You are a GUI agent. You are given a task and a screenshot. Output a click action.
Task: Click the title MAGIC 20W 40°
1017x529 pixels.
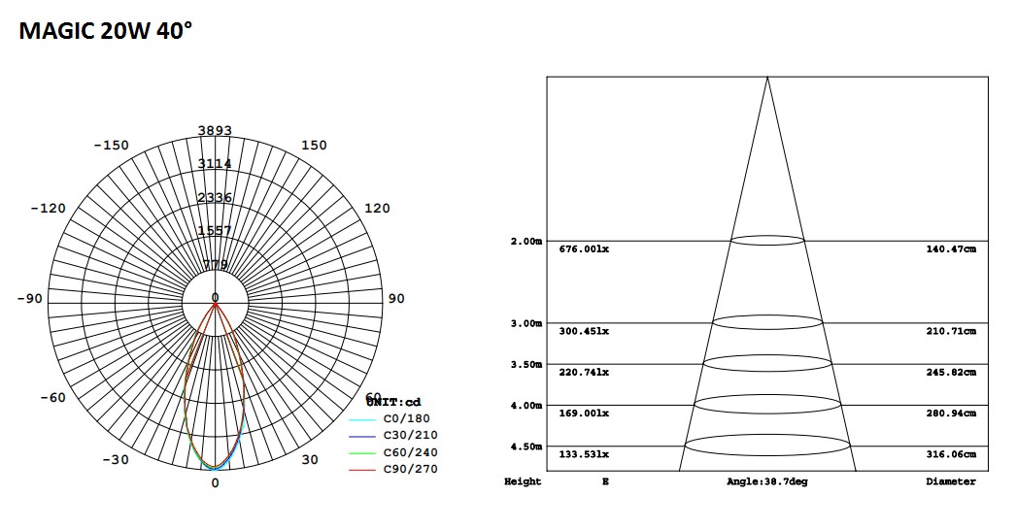[106, 31]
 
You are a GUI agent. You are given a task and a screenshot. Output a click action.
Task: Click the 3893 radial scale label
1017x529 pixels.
[215, 131]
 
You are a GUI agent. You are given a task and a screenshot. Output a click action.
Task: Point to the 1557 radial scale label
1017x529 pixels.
[215, 231]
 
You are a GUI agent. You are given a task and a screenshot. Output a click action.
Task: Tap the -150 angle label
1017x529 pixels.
[110, 146]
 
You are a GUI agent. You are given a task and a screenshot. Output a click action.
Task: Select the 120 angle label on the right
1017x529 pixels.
[377, 209]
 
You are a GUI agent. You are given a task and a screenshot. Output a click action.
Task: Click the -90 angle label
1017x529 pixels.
[29, 299]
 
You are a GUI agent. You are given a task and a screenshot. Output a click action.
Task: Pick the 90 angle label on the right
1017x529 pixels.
[396, 299]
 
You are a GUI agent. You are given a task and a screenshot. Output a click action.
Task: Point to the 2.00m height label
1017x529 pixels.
[526, 241]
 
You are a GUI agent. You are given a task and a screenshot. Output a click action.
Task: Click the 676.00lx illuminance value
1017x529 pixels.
[584, 249]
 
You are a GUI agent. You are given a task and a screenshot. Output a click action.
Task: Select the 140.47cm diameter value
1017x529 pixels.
[950, 249]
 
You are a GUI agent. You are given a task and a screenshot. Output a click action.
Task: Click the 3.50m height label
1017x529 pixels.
[526, 364]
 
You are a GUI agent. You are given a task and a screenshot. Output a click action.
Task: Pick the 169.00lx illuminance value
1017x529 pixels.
[584, 413]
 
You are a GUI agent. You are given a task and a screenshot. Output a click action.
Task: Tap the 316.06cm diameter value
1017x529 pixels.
[950, 454]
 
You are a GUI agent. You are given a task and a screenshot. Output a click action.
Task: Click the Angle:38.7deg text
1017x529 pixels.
[766, 481]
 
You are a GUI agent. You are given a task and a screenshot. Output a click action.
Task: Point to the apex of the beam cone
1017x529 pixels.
[767, 78]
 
